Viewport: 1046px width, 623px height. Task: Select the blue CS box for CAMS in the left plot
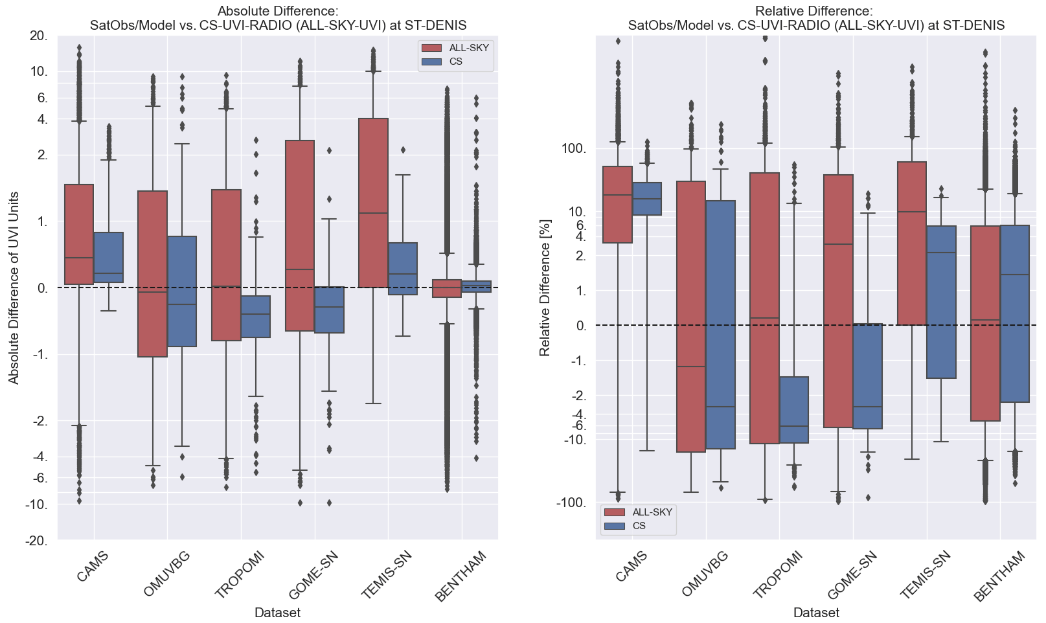point(108,257)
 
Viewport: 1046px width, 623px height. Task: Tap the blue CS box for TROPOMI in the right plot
point(793,410)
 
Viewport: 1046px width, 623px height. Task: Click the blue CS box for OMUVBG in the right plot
point(720,324)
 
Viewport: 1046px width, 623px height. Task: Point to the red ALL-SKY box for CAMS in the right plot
point(617,205)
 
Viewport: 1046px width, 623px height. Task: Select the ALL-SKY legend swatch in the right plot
point(614,512)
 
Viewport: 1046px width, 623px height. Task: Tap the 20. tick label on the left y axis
point(39,36)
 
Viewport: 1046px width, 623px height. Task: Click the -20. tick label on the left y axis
point(37,541)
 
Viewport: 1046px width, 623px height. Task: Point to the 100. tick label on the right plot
point(573,149)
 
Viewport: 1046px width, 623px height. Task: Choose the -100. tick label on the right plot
point(571,503)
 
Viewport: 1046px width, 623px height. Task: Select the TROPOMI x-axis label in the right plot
point(778,574)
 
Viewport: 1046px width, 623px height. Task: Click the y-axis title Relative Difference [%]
point(545,287)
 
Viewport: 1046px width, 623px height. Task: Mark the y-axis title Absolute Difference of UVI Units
point(14,288)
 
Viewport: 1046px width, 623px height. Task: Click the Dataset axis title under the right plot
point(815,613)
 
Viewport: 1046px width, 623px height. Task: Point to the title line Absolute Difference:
point(278,11)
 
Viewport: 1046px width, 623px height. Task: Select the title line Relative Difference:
point(815,11)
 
